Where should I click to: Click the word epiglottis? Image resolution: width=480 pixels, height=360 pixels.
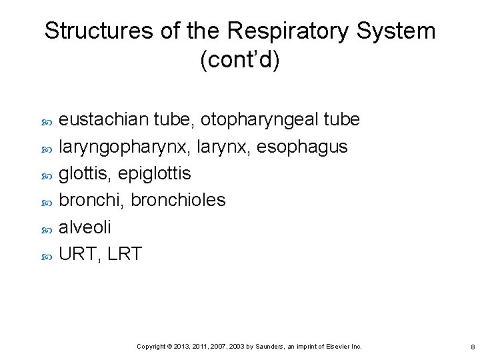[154, 173]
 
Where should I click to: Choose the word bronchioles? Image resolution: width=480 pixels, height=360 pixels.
[178, 200]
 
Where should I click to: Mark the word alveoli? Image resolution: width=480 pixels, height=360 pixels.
[85, 227]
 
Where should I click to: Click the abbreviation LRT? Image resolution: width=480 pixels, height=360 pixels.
[123, 253]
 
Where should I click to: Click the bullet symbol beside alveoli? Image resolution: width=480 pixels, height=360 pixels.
[47, 229]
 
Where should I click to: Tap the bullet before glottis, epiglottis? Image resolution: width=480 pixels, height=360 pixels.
[47, 175]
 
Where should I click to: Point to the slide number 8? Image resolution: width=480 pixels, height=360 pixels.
[472, 347]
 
